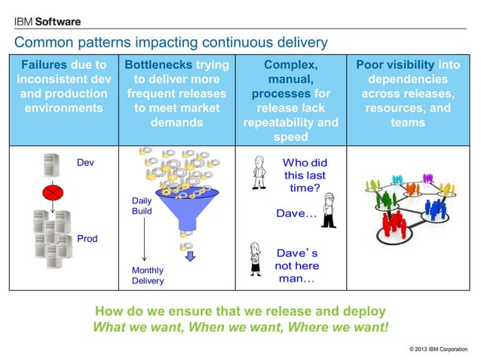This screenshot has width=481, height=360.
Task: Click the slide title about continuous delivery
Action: tap(171, 42)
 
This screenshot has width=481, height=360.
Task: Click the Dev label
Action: tap(87, 162)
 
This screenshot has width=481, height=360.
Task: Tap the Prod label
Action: tap(87, 238)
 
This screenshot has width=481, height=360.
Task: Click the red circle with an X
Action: tap(52, 194)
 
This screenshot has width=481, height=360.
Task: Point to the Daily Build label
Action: tap(142, 206)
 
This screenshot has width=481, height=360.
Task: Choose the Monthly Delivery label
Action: tap(148, 276)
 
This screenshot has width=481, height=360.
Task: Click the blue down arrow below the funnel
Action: tap(190, 255)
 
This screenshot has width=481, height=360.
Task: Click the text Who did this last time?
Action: tap(306, 175)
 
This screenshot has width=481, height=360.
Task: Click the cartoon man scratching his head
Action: tap(329, 210)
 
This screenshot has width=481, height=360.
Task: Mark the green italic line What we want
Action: tap(240, 328)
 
